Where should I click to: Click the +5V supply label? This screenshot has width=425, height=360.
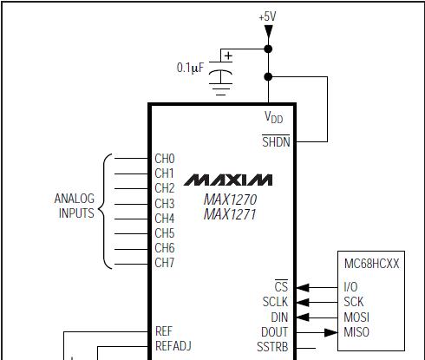(267, 16)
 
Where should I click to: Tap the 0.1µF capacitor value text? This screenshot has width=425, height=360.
(190, 68)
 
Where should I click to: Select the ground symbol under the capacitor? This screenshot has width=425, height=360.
(220, 89)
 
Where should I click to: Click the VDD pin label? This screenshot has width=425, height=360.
(273, 117)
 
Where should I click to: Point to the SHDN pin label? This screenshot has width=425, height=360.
(276, 141)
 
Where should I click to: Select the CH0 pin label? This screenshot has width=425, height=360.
(165, 159)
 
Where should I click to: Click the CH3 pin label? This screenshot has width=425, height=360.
(165, 204)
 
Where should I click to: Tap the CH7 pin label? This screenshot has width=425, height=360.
(165, 263)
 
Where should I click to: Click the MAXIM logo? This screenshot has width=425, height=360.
(228, 180)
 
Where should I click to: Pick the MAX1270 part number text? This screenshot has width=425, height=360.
(230, 200)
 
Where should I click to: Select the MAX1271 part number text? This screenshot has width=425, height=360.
(230, 214)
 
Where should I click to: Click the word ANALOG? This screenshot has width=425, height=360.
(75, 199)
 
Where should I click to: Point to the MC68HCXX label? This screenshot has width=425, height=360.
(371, 264)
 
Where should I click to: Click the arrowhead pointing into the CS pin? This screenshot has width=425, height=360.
(303, 288)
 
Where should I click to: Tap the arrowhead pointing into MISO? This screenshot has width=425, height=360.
(331, 332)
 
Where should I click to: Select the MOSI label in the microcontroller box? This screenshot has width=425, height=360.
(356, 317)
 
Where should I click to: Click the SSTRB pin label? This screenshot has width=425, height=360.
(272, 347)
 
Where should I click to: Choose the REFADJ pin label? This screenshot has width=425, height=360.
(173, 346)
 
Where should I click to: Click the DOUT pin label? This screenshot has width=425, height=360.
(274, 332)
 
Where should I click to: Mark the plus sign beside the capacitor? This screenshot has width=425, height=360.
(228, 56)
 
